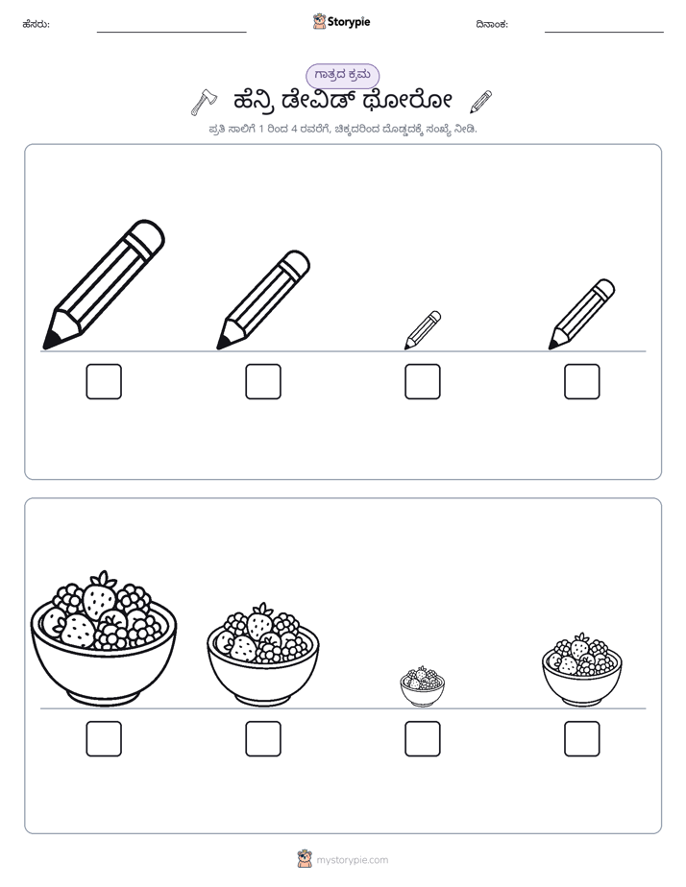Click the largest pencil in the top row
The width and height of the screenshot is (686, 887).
point(104,284)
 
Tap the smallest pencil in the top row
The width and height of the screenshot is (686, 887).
point(422,330)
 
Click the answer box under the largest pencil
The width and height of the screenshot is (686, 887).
point(104,381)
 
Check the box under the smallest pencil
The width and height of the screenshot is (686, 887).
point(422,381)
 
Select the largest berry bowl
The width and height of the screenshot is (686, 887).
point(104,639)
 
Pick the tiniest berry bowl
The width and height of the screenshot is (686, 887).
point(422,686)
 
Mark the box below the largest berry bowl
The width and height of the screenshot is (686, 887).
point(104,739)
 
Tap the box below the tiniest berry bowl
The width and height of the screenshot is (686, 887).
point(422,739)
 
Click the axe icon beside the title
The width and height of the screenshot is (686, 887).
point(203,102)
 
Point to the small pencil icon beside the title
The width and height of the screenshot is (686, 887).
point(481,101)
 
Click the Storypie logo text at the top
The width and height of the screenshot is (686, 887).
point(349,22)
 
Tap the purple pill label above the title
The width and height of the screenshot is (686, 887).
point(342,75)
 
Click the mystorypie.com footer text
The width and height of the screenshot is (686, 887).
point(352,860)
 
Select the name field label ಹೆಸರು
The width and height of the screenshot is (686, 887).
point(37,24)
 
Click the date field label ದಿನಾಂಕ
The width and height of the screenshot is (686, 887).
point(492,24)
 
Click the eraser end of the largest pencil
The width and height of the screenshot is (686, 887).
point(148,235)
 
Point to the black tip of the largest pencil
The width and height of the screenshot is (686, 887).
point(50,341)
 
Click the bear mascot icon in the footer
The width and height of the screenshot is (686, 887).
point(305,859)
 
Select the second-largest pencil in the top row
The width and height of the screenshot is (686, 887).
point(263,300)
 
